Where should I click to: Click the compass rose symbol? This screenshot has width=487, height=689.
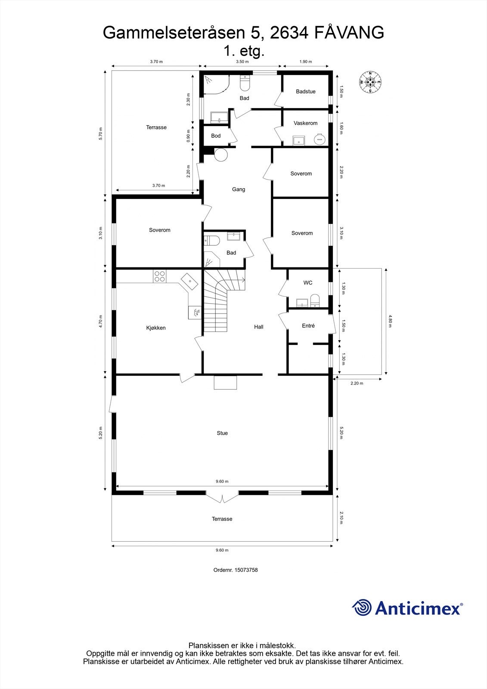pyautogui.click(x=370, y=82)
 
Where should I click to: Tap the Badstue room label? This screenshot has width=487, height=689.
pyautogui.click(x=306, y=92)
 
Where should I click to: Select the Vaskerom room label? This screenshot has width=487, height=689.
pyautogui.click(x=305, y=123)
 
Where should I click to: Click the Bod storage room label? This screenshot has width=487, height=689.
pyautogui.click(x=216, y=136)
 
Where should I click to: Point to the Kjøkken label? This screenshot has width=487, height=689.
pyautogui.click(x=156, y=328)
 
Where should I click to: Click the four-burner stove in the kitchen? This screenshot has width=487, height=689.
pyautogui.click(x=159, y=276)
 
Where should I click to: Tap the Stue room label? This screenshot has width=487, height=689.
pyautogui.click(x=222, y=433)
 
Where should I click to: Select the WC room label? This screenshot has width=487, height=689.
pyautogui.click(x=308, y=283)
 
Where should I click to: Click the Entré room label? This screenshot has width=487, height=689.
pyautogui.click(x=308, y=326)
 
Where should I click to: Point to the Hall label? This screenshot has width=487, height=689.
pyautogui.click(x=258, y=327)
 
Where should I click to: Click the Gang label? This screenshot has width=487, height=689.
pyautogui.click(x=239, y=189)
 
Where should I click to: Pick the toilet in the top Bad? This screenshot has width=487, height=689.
pyautogui.click(x=244, y=84)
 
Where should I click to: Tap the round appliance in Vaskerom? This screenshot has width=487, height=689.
pyautogui.click(x=319, y=139)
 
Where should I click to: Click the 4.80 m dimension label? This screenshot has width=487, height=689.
pyautogui.click(x=391, y=322)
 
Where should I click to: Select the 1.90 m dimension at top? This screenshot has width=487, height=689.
pyautogui.click(x=306, y=62)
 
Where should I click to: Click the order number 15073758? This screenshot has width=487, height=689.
pyautogui.click(x=236, y=570)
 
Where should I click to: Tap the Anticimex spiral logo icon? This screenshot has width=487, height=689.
pyautogui.click(x=362, y=608)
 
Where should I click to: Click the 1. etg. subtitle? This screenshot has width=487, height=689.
pyautogui.click(x=243, y=51)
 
